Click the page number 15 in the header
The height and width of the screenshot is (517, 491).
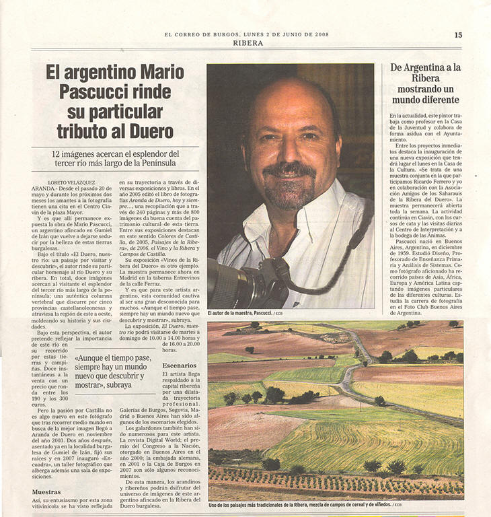click(458, 35)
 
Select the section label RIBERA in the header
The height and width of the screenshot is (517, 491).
click(248, 43)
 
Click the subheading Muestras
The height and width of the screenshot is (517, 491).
click(46, 491)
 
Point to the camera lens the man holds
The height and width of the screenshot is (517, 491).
click(228, 283)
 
